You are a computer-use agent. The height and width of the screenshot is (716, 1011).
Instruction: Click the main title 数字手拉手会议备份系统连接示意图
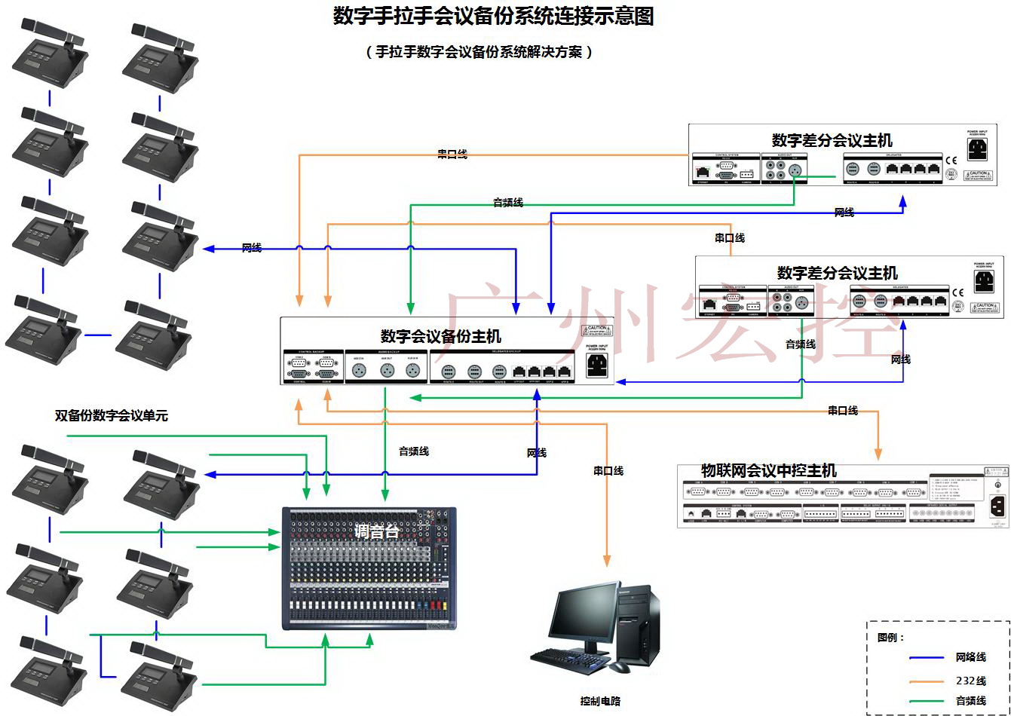(x=493, y=17)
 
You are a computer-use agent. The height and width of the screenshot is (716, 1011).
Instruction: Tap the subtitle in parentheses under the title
(x=479, y=52)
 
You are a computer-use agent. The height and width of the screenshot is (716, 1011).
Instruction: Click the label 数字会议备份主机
(x=440, y=336)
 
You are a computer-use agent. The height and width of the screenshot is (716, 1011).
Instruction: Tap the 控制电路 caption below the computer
(x=600, y=701)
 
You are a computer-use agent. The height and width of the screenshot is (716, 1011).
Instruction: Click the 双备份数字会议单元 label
(x=111, y=415)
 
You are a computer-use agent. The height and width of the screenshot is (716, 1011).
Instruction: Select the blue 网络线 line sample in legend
(x=916, y=657)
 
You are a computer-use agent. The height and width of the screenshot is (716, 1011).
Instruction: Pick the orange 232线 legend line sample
(x=916, y=681)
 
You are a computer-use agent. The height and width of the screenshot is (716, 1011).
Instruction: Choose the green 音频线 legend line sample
(x=916, y=701)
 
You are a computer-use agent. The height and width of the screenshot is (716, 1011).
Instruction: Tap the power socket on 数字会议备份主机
(x=597, y=366)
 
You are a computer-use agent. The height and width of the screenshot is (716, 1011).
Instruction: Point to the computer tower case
(x=638, y=622)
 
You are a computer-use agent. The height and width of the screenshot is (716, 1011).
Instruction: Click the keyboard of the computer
(x=571, y=662)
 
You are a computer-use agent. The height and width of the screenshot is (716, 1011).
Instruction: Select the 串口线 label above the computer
(x=608, y=471)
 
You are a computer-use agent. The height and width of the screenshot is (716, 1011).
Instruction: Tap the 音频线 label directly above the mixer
(x=413, y=451)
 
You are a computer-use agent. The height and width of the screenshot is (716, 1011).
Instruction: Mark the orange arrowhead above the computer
(x=606, y=560)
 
